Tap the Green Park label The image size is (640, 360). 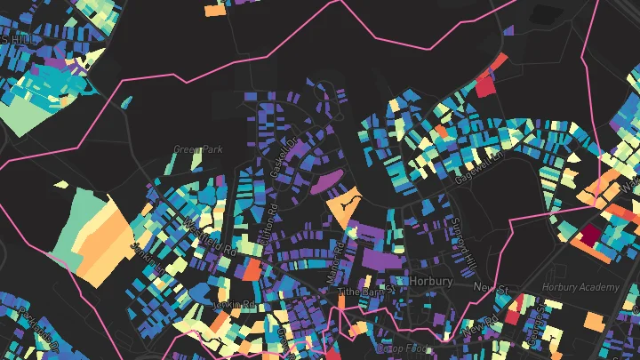(x=197, y=149)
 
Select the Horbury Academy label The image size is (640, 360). (x=579, y=287)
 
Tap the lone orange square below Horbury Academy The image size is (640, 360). (x=593, y=320)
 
